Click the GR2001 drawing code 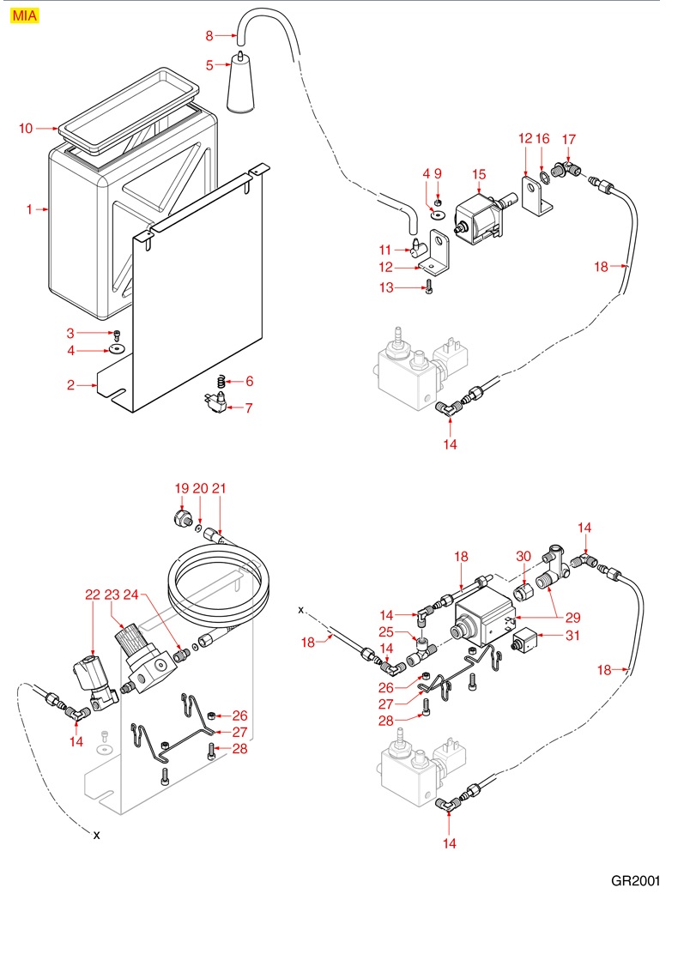coord(636,880)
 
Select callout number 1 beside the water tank coord(29,209)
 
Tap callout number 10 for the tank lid coord(26,129)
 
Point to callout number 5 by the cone coord(209,64)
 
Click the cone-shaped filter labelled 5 coord(241,86)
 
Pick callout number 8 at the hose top coord(209,35)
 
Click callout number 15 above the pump coord(480,174)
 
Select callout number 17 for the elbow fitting coord(568,139)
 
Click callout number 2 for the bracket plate coord(72,386)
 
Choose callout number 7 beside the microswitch coord(249,408)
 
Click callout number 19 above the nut coord(181,488)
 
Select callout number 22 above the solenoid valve coord(93,594)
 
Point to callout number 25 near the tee coord(386,632)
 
